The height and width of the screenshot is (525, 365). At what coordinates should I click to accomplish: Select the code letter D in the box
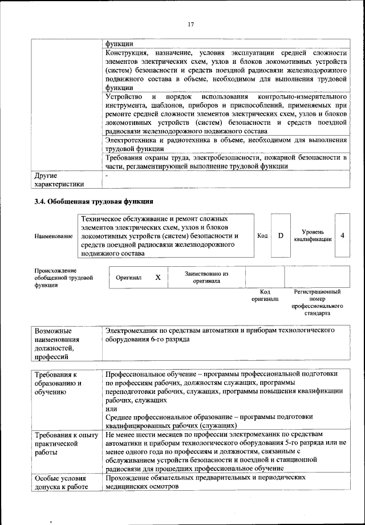pyautogui.click(x=281, y=235)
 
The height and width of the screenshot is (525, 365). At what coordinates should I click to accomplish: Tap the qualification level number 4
pyautogui.click(x=342, y=235)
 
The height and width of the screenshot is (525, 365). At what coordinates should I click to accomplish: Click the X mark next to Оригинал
pyautogui.click(x=158, y=277)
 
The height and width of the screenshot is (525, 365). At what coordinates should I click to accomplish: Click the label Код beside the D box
pyautogui.click(x=262, y=235)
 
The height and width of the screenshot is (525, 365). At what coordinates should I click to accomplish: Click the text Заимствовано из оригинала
pyautogui.click(x=206, y=277)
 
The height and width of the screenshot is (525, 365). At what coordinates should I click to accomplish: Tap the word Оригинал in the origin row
pyautogui.click(x=128, y=278)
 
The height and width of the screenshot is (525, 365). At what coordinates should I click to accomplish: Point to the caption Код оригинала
pyautogui.click(x=265, y=295)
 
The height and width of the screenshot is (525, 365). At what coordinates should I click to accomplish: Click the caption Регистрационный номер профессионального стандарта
pyautogui.click(x=317, y=302)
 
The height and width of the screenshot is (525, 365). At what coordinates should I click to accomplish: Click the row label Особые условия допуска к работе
pyautogui.click(x=60, y=482)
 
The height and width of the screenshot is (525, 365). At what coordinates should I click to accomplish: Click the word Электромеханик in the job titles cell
pyautogui.click(x=132, y=330)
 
